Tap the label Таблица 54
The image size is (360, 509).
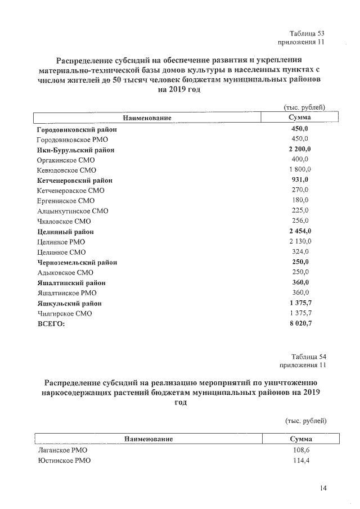coord(308,357)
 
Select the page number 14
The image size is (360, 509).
coord(322,488)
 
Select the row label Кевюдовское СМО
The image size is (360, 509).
coord(66,170)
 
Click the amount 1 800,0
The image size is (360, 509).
coord(300,170)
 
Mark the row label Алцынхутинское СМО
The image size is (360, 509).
coord(72,211)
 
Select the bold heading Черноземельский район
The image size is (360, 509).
coord(76,262)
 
